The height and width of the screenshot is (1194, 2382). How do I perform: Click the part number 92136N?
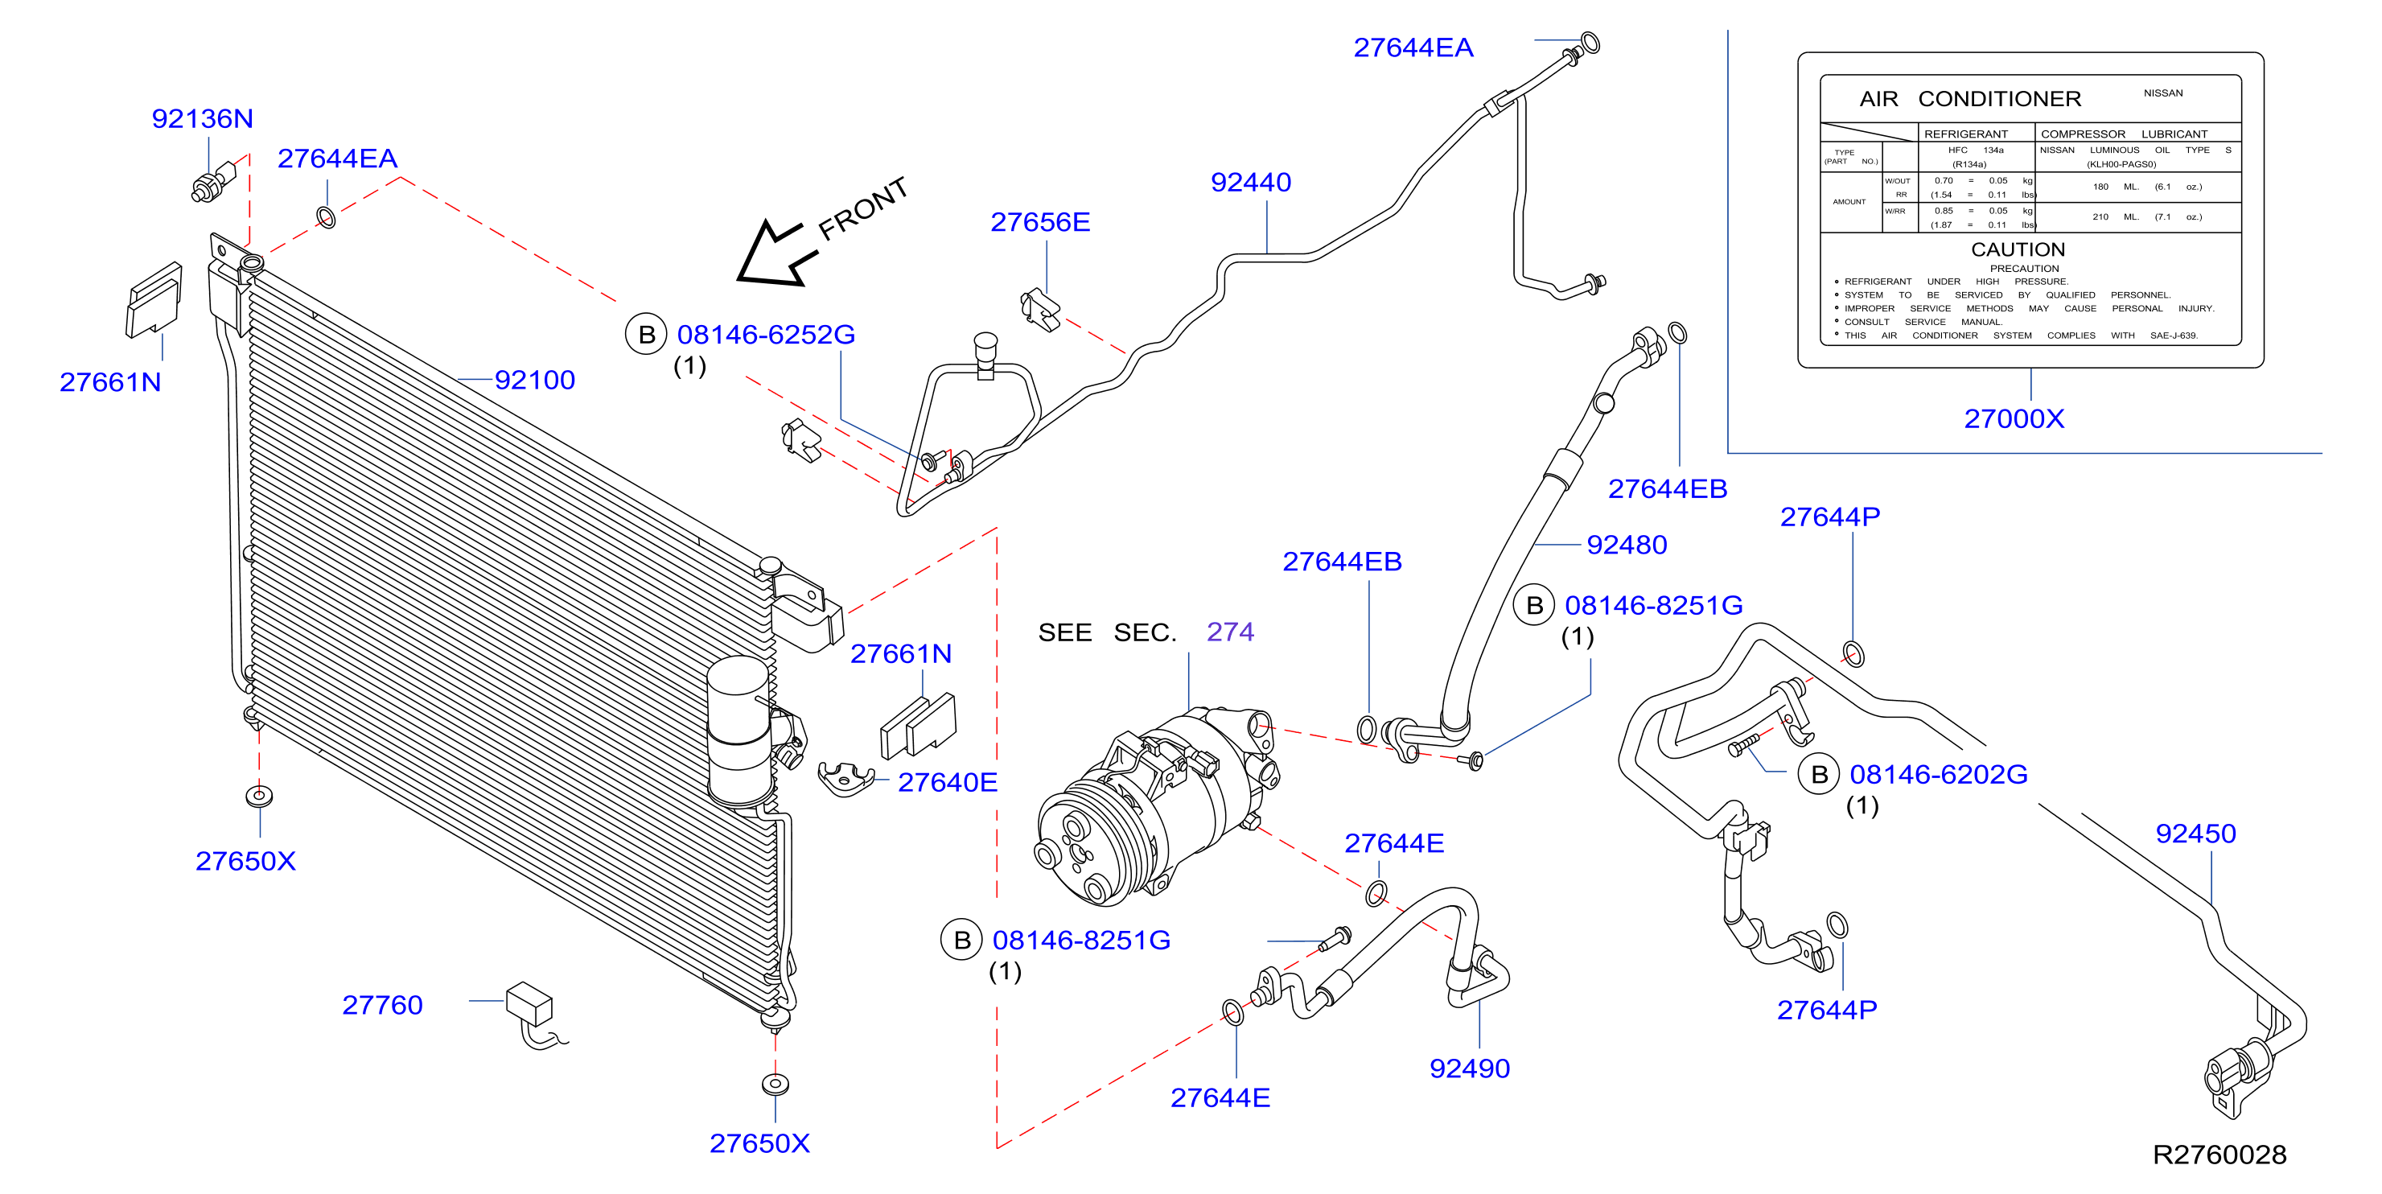[x=202, y=118]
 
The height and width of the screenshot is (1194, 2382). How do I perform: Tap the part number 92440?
[x=1250, y=182]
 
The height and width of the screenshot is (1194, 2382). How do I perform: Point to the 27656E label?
[x=1040, y=222]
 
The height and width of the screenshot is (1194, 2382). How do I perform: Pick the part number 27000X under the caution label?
[x=2014, y=419]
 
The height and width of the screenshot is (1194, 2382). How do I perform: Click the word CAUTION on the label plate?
[x=2018, y=249]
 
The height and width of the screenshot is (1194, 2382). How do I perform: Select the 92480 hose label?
[x=1627, y=545]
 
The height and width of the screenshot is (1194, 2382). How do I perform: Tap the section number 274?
[x=1230, y=632]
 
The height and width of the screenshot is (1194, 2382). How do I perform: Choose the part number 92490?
[x=1469, y=1068]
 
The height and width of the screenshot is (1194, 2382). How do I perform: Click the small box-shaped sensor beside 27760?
[x=530, y=1003]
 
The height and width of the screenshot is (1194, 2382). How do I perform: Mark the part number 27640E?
[x=948, y=782]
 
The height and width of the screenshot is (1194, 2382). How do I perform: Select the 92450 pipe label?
[x=2195, y=834]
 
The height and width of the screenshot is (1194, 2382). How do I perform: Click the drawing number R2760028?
[x=2219, y=1155]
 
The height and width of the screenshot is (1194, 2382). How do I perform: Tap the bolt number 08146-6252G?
[x=766, y=335]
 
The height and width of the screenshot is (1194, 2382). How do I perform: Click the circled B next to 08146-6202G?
[x=1819, y=774]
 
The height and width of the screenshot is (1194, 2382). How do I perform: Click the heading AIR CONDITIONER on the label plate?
[x=1969, y=99]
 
